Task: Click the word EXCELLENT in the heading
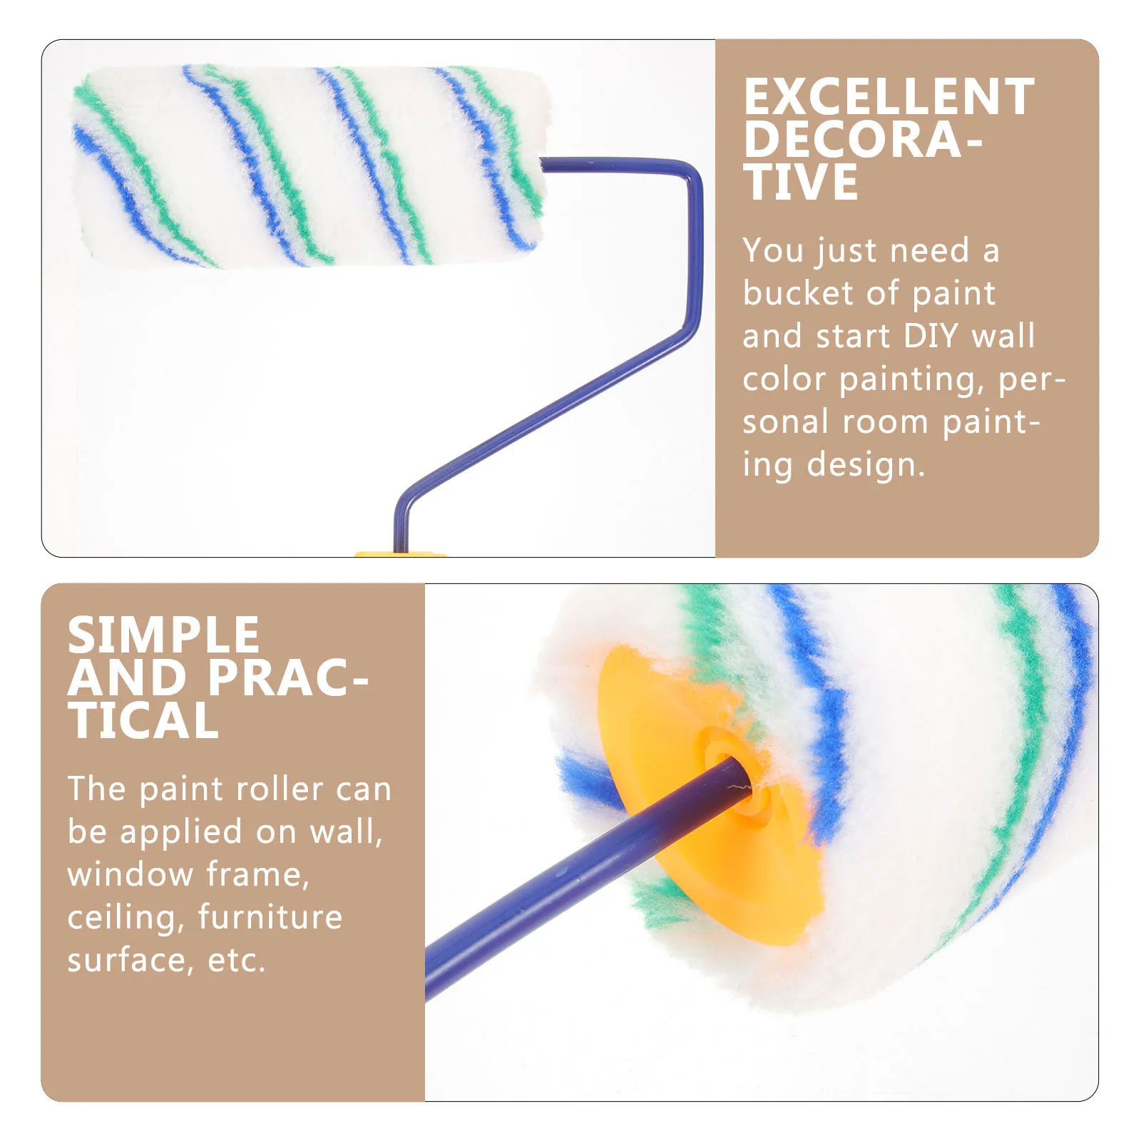(889, 97)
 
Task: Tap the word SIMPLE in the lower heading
(163, 635)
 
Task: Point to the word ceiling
(122, 918)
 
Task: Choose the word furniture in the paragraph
(270, 917)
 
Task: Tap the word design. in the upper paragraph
(866, 465)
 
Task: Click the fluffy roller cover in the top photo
(307, 168)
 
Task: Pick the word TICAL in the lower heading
(143, 721)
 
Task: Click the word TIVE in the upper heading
(800, 183)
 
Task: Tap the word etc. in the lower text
(237, 961)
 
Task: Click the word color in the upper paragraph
(784, 379)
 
